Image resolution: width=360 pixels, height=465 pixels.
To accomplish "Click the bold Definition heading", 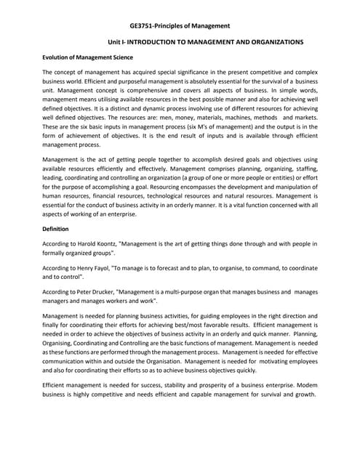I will pyautogui.click(x=56, y=229).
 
